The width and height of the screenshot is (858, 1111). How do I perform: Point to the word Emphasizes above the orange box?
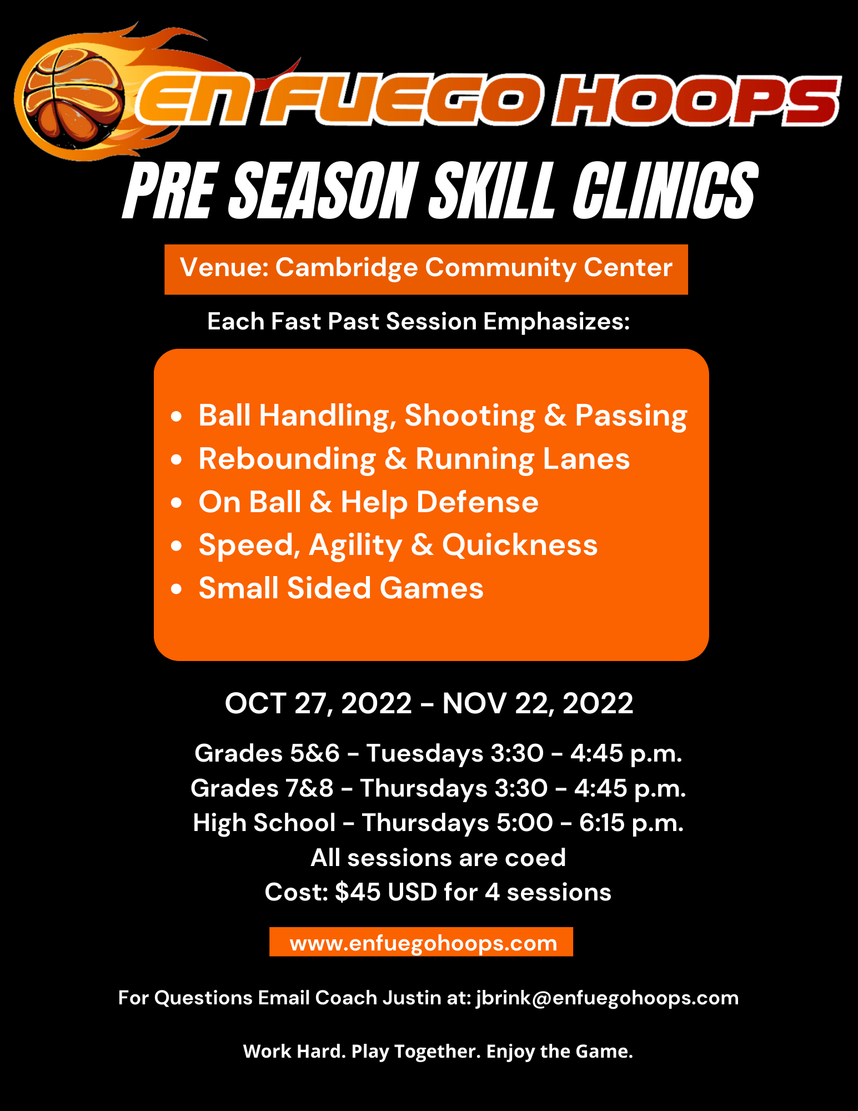[x=556, y=322]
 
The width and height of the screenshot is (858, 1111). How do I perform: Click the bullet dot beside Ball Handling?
[x=177, y=416]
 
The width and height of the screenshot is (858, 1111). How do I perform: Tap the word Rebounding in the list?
[x=287, y=459]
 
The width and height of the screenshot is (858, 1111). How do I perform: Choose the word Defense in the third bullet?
[x=478, y=502]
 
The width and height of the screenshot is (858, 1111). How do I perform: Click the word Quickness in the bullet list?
[x=520, y=546]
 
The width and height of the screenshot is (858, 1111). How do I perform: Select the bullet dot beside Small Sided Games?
[x=177, y=589]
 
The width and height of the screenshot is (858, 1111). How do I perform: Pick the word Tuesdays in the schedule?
[x=425, y=754]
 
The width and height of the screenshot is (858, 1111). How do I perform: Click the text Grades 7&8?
[x=262, y=788]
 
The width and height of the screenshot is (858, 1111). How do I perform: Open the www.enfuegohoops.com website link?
[x=423, y=943]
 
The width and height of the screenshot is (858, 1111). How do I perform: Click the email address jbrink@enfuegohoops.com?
[x=608, y=998]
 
